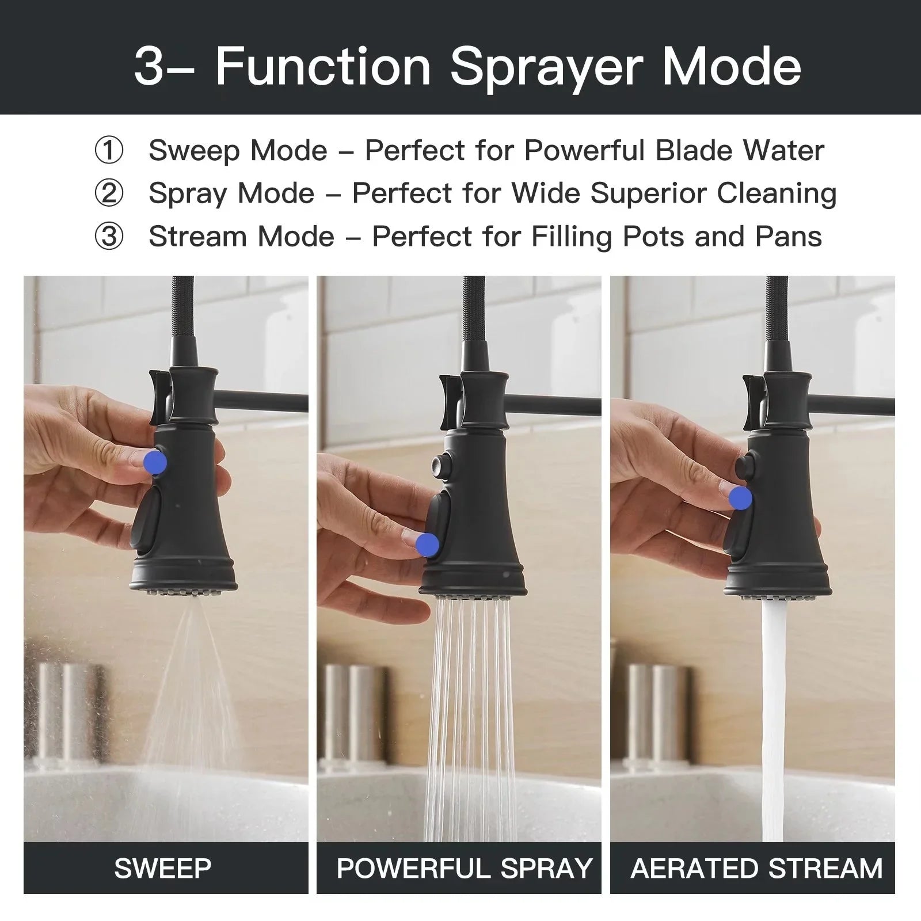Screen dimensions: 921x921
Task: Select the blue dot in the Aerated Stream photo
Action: (x=740, y=498)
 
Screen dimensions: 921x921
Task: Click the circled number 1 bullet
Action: (x=109, y=151)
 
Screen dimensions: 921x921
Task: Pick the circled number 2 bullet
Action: (x=109, y=193)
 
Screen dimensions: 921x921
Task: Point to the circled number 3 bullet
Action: (x=109, y=237)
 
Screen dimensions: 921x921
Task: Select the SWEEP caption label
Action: (x=163, y=868)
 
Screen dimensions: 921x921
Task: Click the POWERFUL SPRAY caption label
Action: (x=464, y=868)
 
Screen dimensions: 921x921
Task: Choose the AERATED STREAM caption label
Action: (x=756, y=868)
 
